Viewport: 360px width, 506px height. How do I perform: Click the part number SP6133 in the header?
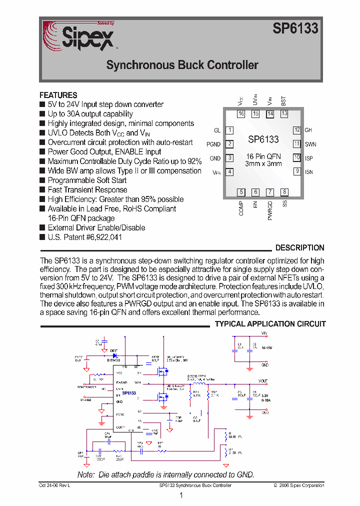[x=295, y=29]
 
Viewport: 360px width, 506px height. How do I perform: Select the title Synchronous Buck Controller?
[x=182, y=65]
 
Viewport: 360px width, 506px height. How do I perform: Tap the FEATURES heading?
[x=58, y=95]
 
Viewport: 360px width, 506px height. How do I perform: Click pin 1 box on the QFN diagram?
[x=229, y=130]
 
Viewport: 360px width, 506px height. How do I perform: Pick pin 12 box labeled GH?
[x=296, y=130]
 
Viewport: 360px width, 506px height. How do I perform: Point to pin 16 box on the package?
[x=241, y=114]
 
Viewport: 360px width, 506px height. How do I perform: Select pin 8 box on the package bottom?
[x=284, y=192]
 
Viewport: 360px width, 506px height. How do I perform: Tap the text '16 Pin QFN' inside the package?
[x=263, y=156]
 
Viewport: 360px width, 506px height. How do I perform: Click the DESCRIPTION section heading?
[x=299, y=248]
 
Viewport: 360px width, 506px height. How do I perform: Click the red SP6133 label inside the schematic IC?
[x=128, y=393]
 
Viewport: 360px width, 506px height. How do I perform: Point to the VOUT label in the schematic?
[x=263, y=381]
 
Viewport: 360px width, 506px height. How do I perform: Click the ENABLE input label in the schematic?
[x=85, y=400]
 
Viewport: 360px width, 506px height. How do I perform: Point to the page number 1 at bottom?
[x=181, y=496]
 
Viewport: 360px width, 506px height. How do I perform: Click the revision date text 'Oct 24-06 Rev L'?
[x=54, y=485]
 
